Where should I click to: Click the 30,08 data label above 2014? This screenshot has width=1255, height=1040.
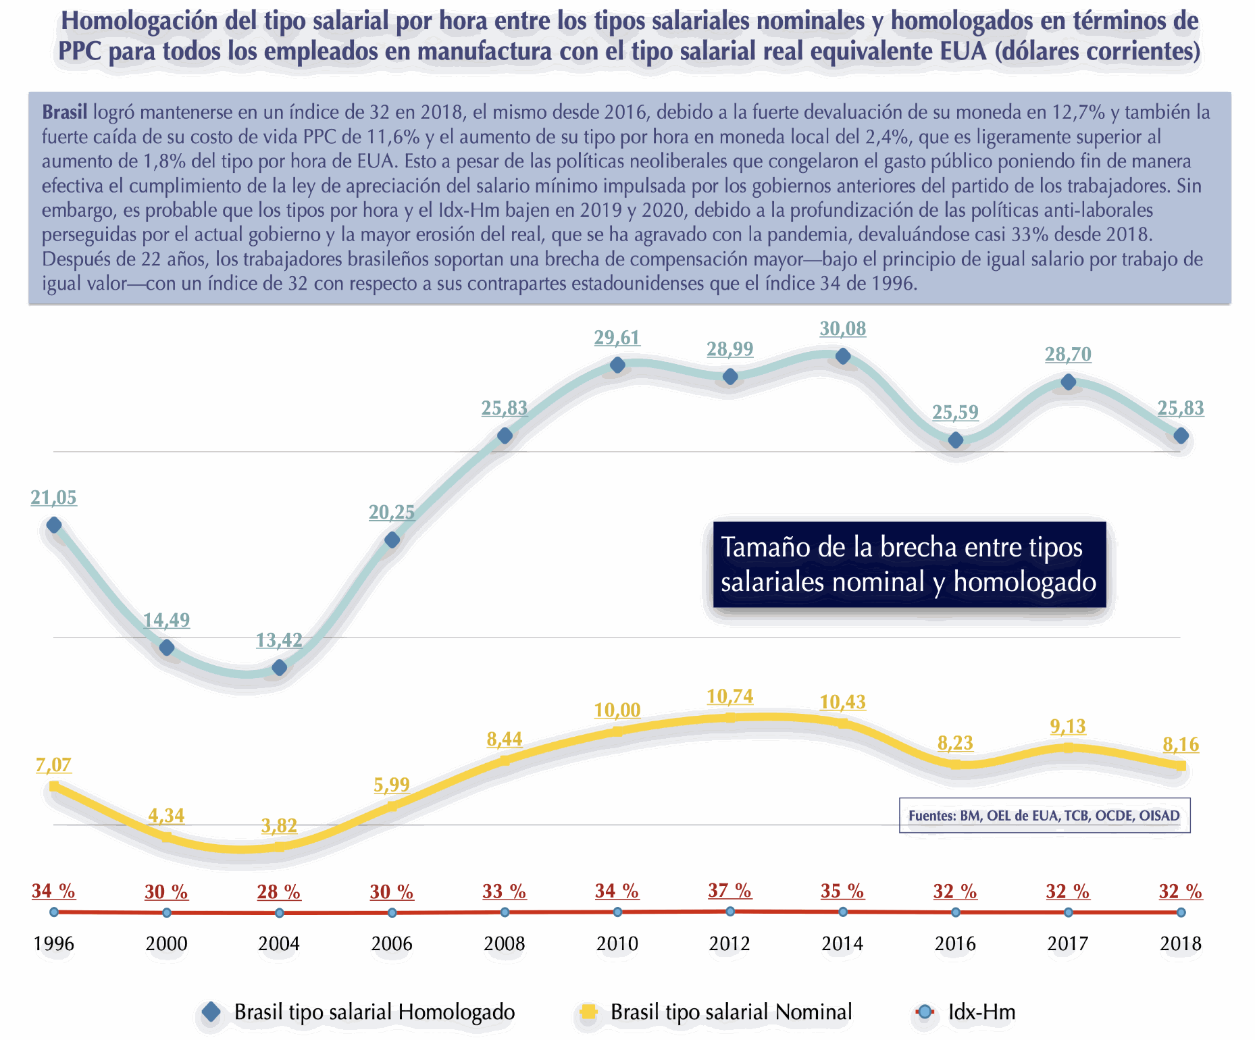tap(842, 329)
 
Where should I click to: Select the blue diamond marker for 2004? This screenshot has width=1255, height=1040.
tap(279, 668)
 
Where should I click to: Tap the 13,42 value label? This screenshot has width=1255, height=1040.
tap(279, 640)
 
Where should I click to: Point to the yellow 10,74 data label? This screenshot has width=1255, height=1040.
tap(729, 696)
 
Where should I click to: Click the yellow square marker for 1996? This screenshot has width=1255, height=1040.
tap(54, 786)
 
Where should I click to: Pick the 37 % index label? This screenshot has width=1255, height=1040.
tap(729, 891)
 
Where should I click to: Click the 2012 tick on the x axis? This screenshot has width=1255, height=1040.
tap(729, 943)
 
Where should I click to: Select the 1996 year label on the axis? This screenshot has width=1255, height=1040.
tap(54, 943)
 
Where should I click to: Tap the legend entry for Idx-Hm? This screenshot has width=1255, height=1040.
tap(966, 1012)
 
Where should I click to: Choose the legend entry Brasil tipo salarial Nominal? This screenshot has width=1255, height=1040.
tap(716, 1012)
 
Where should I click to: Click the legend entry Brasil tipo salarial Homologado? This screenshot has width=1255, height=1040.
tap(358, 1012)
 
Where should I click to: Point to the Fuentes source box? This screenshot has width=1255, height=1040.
tap(1044, 816)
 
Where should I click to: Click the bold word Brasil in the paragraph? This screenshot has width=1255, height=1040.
tap(65, 112)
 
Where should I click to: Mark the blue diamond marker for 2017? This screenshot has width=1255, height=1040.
tap(1068, 382)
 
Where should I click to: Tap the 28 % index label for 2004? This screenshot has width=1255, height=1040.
tap(279, 892)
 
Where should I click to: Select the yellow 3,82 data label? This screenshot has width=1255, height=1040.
tap(279, 825)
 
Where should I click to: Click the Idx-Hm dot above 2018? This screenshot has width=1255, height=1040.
tap(1181, 912)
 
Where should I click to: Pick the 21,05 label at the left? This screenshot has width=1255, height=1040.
tap(54, 498)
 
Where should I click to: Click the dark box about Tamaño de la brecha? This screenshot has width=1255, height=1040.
tap(909, 565)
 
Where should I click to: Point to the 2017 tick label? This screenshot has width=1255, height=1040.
tap(1068, 943)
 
